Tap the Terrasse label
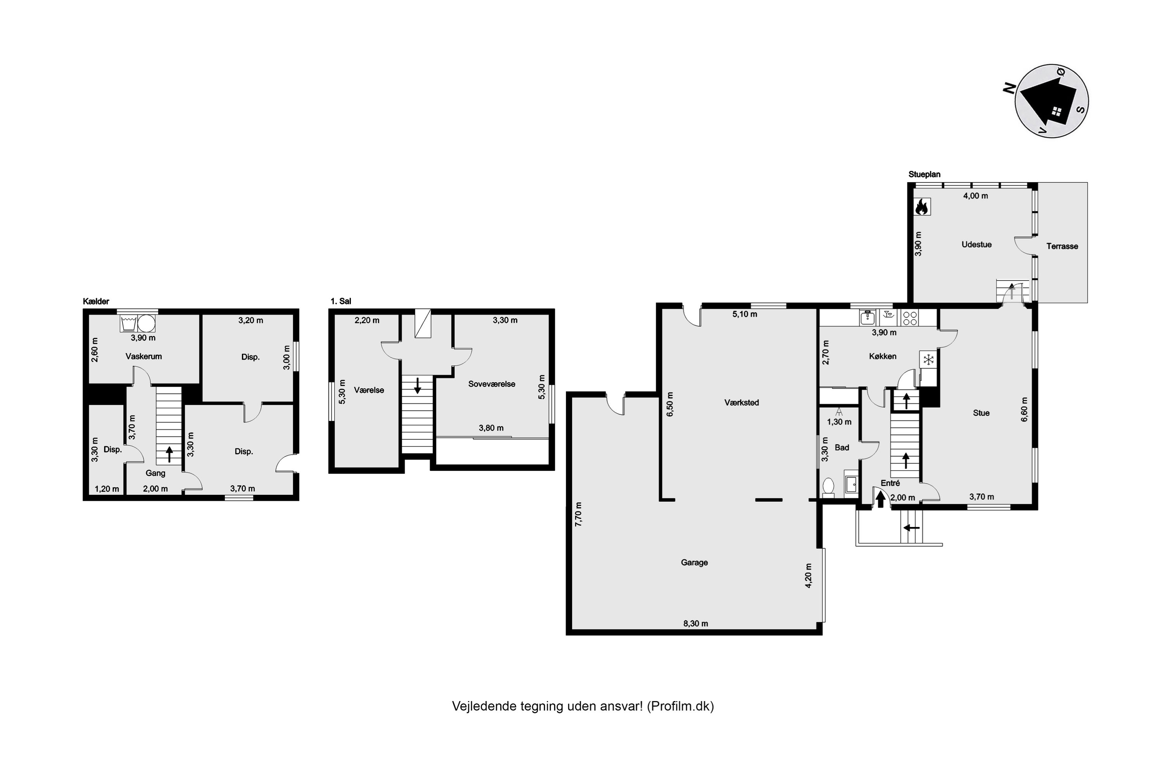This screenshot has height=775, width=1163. (x=1062, y=246)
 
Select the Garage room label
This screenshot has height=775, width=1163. (x=694, y=563)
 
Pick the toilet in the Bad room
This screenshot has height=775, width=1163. (x=828, y=487)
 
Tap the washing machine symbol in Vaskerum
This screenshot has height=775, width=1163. (x=129, y=324)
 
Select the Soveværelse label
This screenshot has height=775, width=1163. (x=492, y=384)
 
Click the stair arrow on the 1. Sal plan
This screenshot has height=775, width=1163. (x=418, y=386)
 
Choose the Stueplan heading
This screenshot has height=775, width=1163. (x=925, y=174)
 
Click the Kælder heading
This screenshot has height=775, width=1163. (x=97, y=301)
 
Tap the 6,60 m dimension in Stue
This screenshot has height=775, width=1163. (x=1024, y=409)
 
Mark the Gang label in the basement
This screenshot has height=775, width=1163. (x=155, y=474)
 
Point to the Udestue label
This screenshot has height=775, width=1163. (x=977, y=245)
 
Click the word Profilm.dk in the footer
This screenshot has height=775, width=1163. (x=680, y=706)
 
